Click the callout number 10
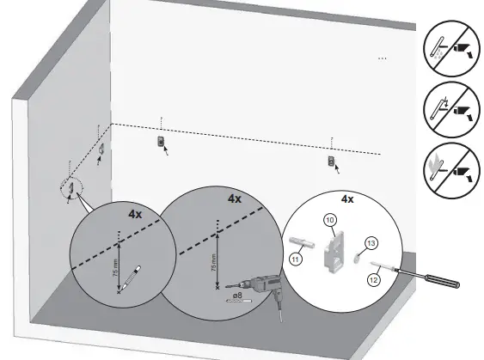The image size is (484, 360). [x=329, y=221]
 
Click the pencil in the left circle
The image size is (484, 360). [x=130, y=279]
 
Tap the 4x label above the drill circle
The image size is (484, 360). [x=235, y=198]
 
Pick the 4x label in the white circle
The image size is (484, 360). [x=347, y=199]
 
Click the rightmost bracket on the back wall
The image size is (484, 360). [x=332, y=161]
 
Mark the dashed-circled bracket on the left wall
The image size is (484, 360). [x=73, y=186]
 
